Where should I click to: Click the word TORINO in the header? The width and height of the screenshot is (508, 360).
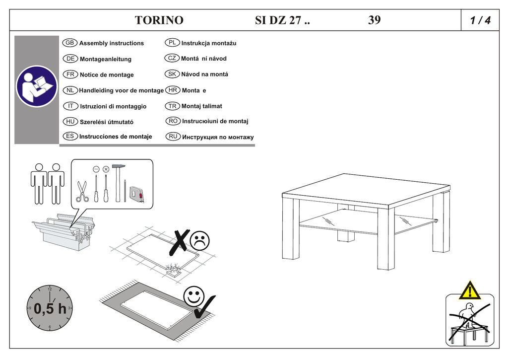click(159, 20)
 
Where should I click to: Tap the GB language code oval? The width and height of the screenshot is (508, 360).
click(70, 43)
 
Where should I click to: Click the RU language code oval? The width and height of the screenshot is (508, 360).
click(173, 136)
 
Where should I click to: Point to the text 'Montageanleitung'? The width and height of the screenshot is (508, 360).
click(106, 59)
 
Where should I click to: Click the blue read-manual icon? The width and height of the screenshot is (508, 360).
click(36, 86)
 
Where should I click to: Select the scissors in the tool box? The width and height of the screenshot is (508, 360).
click(82, 191)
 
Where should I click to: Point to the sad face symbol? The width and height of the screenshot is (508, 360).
click(199, 241)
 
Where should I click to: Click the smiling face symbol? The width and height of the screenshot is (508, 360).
click(193, 296)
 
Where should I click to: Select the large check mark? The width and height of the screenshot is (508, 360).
click(204, 306)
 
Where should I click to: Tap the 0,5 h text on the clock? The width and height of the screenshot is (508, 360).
click(50, 309)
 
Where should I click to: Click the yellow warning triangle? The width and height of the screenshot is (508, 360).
click(469, 290)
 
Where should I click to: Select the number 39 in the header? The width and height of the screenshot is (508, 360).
click(375, 20)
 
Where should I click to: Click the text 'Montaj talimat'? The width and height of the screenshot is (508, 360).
click(201, 106)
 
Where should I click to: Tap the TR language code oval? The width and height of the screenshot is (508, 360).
click(172, 106)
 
